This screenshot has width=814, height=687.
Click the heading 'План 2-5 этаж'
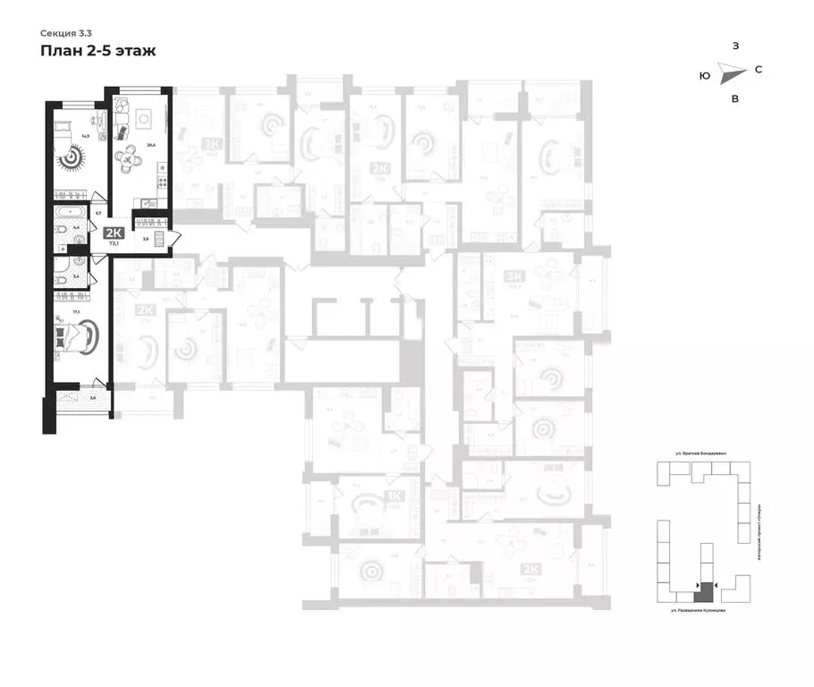point(98,51)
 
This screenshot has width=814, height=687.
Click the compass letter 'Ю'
point(705,77)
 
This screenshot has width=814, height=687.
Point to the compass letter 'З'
point(734,46)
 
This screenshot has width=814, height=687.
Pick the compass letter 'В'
point(734,99)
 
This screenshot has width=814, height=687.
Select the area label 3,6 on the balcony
point(92,397)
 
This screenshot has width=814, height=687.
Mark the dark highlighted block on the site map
point(706,590)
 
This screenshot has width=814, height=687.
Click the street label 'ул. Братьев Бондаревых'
point(700,454)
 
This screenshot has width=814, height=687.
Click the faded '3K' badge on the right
point(513,276)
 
